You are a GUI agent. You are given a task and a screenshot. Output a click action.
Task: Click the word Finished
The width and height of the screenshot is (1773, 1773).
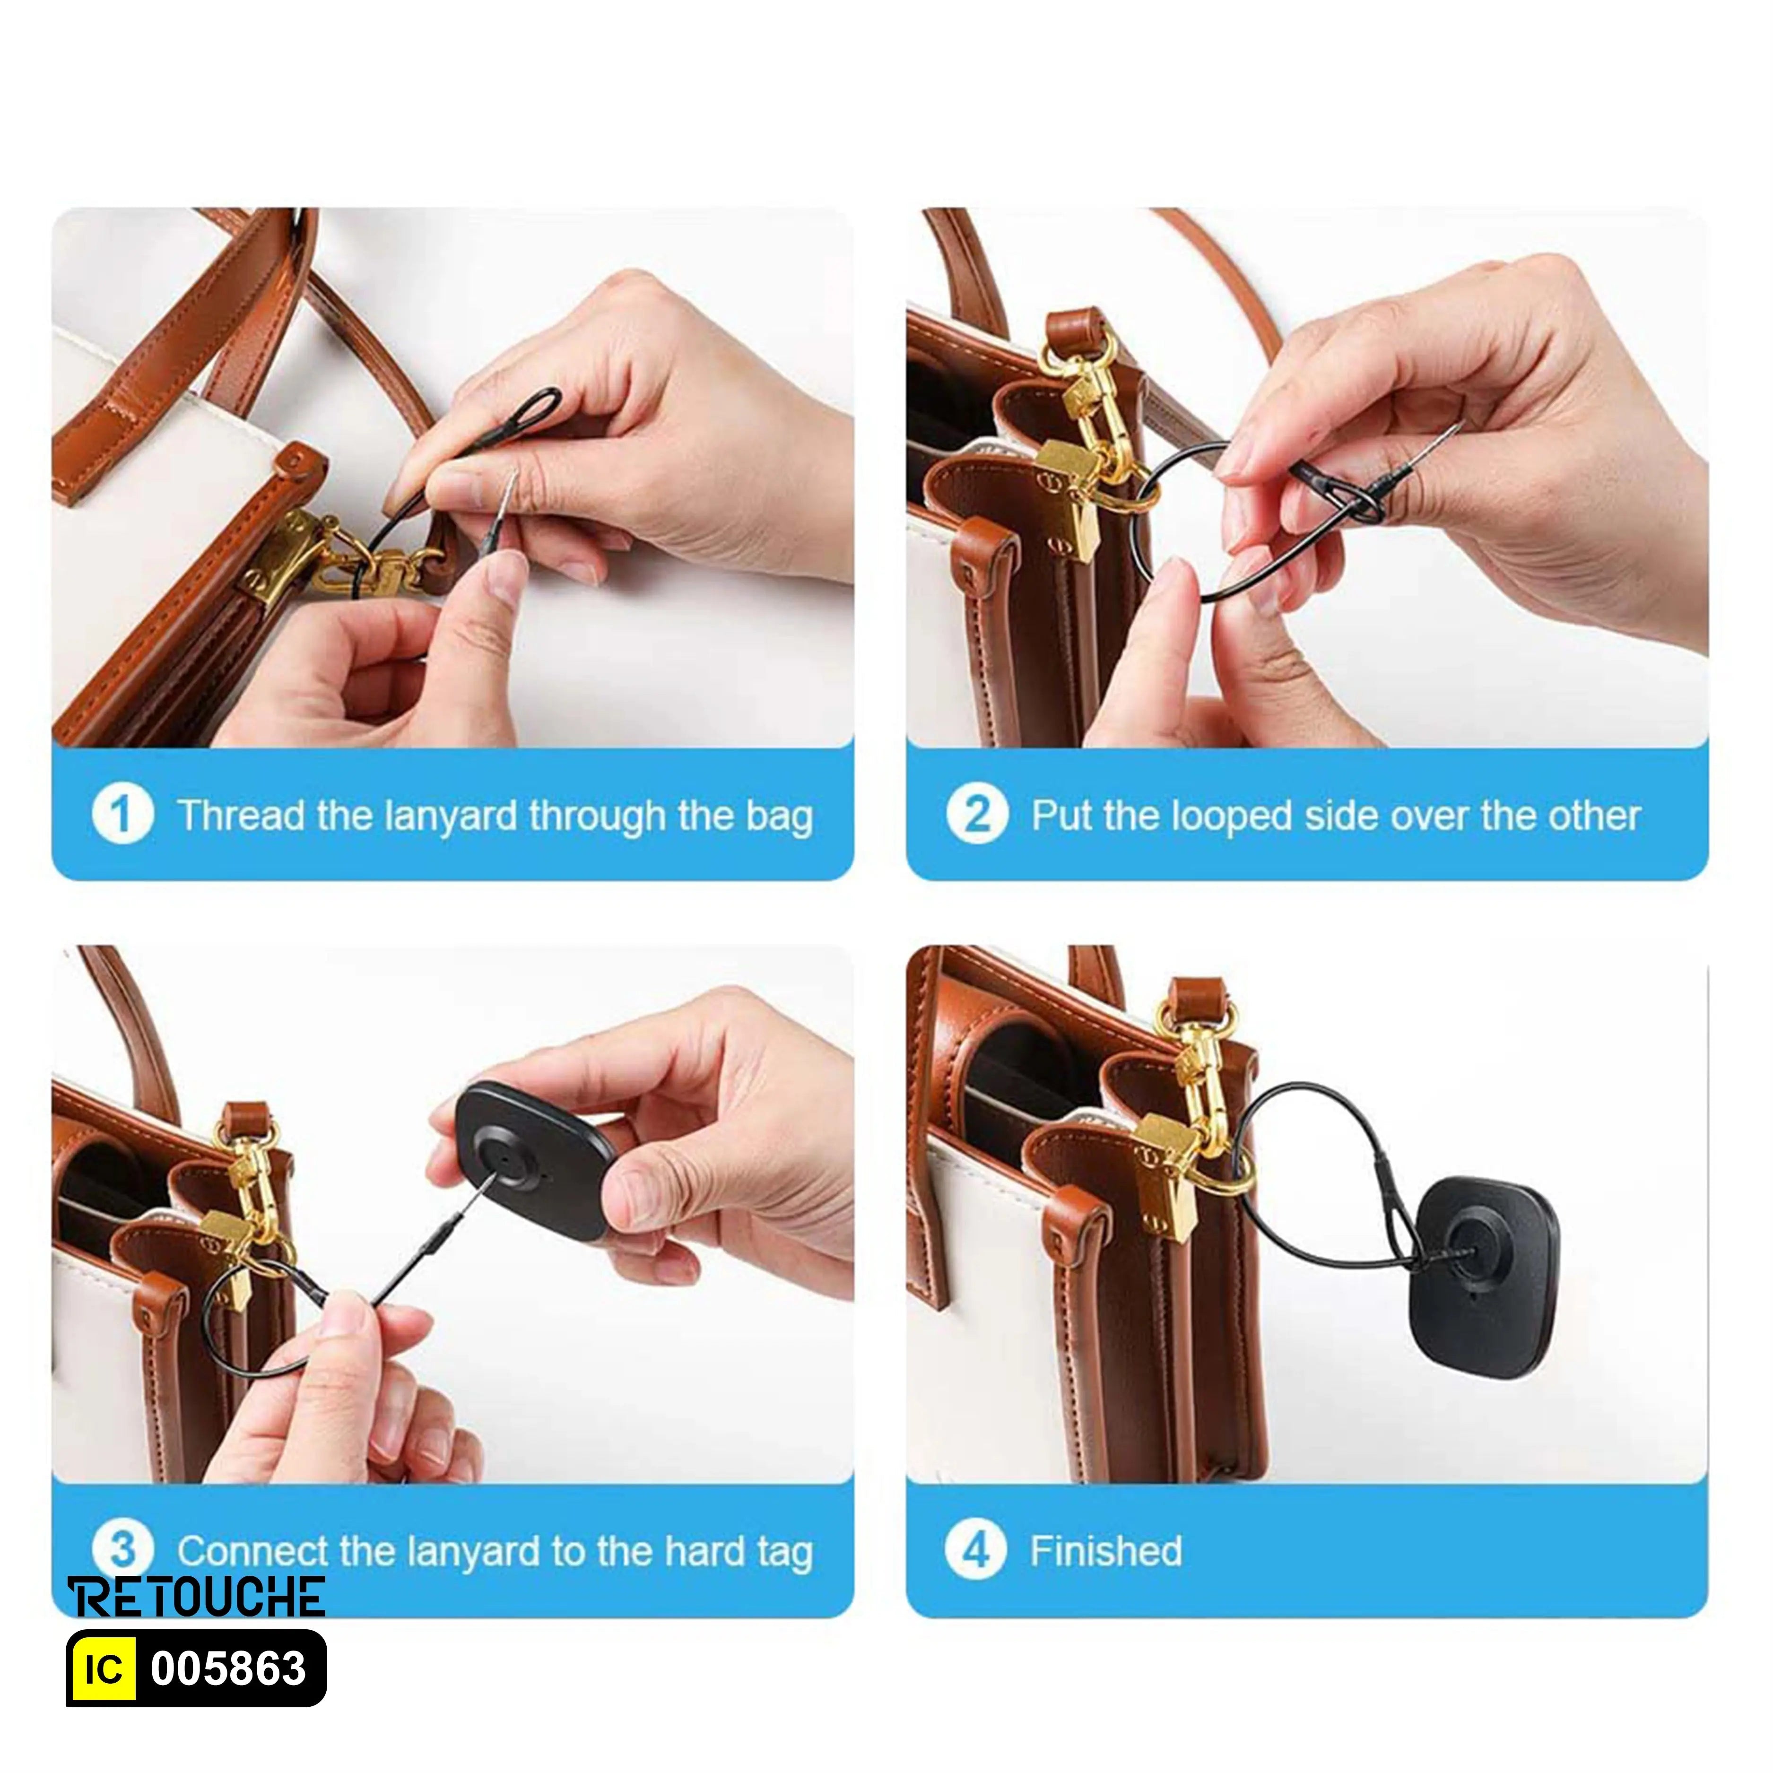tap(1106, 1551)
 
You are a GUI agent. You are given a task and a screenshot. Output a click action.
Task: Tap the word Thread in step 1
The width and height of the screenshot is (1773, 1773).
tap(241, 815)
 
